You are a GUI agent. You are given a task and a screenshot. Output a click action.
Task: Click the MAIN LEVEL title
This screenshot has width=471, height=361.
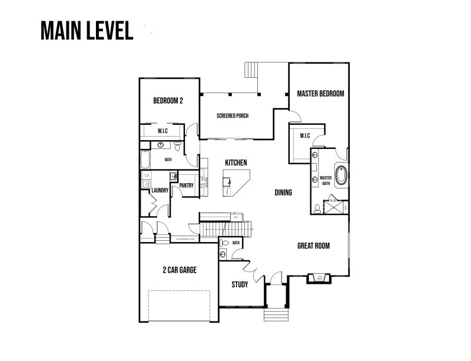[x=87, y=31]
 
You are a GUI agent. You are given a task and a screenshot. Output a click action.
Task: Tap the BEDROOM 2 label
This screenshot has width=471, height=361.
[x=168, y=101]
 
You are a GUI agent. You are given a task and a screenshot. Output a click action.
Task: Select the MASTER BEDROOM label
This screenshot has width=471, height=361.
[x=320, y=94]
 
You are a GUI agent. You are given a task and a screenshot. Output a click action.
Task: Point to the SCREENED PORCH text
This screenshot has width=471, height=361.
[x=232, y=116]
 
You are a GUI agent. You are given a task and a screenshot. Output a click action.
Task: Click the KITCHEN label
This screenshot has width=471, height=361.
[x=235, y=163]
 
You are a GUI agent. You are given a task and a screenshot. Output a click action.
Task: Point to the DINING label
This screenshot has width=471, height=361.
[x=283, y=193]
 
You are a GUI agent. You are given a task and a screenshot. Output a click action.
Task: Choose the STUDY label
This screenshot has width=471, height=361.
[x=240, y=284]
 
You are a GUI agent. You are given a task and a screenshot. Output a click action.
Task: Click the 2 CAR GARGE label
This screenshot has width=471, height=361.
[x=180, y=270]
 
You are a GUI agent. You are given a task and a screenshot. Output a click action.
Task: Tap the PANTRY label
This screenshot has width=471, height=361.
[x=187, y=186]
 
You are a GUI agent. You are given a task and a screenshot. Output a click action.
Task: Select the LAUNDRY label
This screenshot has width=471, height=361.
[x=160, y=190]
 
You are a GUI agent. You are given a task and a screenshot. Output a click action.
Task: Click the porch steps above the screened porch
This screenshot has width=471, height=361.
[x=252, y=70]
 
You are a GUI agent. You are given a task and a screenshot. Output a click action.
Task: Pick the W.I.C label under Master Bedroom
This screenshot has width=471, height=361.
[x=304, y=136]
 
